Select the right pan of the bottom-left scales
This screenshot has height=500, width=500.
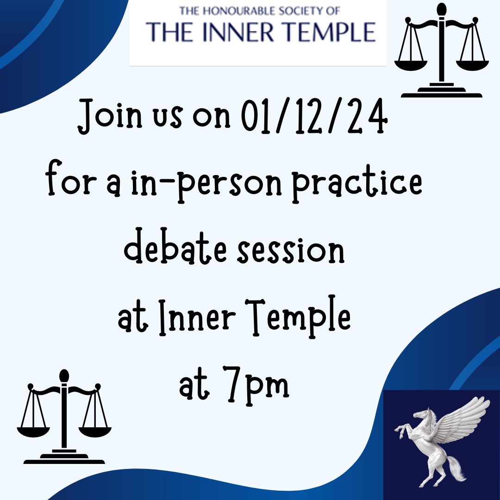click(95, 431)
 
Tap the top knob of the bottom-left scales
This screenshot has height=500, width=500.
click(64, 375)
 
